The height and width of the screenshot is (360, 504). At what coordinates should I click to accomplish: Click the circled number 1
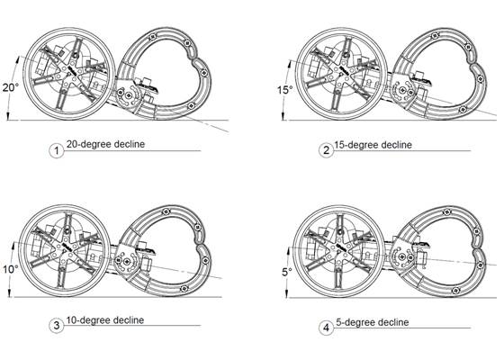(x=57, y=150)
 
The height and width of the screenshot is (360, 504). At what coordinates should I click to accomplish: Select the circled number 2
(x=326, y=149)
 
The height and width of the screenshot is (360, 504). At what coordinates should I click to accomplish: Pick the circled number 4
(x=326, y=325)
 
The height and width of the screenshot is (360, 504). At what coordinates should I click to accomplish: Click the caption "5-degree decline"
(x=369, y=321)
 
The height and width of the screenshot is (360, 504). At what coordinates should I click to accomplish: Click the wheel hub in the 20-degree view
(x=69, y=68)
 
